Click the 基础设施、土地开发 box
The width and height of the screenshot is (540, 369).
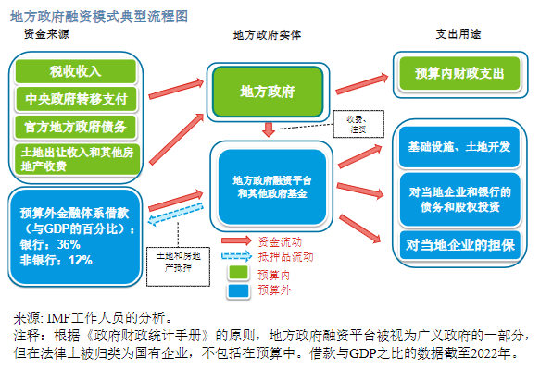[459, 148]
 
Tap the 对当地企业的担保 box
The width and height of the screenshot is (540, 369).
[459, 245]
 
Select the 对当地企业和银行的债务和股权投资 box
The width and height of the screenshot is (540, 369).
[459, 197]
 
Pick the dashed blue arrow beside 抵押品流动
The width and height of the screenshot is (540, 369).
[238, 256]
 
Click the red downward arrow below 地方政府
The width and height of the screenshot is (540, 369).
[268, 129]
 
